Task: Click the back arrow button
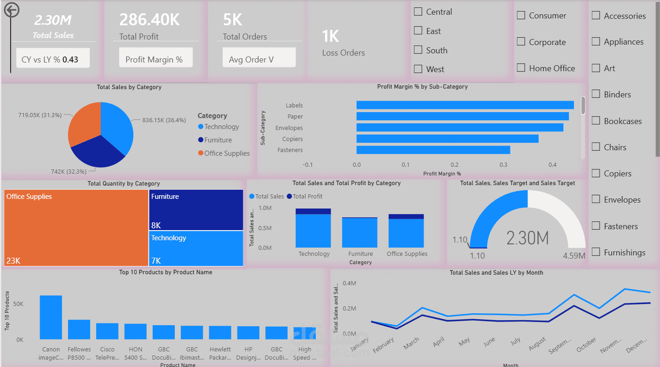(x=11, y=10)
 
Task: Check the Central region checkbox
(x=418, y=12)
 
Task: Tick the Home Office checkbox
(x=521, y=68)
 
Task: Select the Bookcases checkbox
(x=596, y=121)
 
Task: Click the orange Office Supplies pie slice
(x=85, y=122)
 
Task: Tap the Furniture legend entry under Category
(x=218, y=140)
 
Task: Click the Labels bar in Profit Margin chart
(x=465, y=105)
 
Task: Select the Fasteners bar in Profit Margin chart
(x=433, y=150)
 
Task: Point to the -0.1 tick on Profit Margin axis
(x=308, y=164)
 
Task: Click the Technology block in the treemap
(x=196, y=248)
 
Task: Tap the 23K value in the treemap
(x=13, y=261)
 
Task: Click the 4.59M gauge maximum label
(x=574, y=255)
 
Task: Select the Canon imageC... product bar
(x=51, y=317)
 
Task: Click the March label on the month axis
(x=411, y=343)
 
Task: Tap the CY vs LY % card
(x=53, y=60)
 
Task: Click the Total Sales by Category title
(x=129, y=87)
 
